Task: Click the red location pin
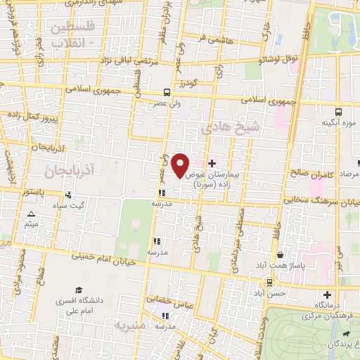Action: pyautogui.click(x=181, y=165)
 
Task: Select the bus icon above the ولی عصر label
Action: pyautogui.click(x=167, y=92)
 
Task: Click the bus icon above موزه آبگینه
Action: pyautogui.click(x=339, y=111)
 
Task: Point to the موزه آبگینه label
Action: pyautogui.click(x=335, y=122)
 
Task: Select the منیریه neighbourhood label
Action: pyautogui.click(x=129, y=326)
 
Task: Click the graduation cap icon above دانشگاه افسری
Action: pyautogui.click(x=80, y=290)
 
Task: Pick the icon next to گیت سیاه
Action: pyautogui.click(x=68, y=195)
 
